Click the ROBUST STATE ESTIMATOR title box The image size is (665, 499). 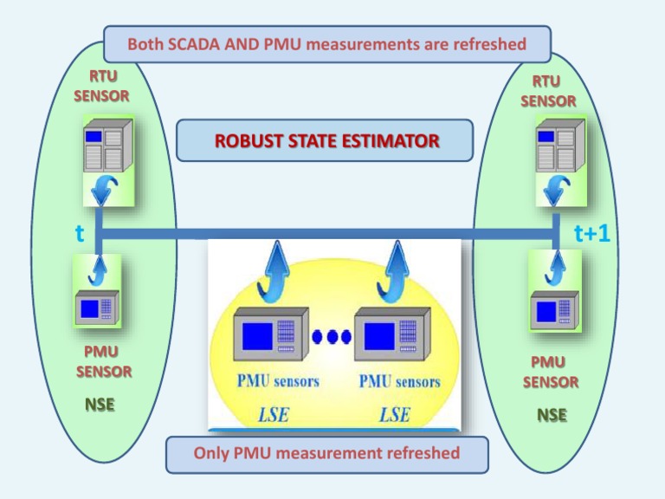pyautogui.click(x=325, y=140)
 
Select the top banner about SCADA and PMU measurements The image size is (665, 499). pyautogui.click(x=326, y=44)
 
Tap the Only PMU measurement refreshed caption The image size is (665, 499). pyautogui.click(x=326, y=453)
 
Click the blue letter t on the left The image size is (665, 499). pyautogui.click(x=79, y=233)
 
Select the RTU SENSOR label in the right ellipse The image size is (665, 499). pyautogui.click(x=547, y=91)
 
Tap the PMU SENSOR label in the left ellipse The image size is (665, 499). pyautogui.click(x=101, y=362)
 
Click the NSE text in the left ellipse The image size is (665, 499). pyautogui.click(x=100, y=405)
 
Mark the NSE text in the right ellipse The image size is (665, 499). pyautogui.click(x=551, y=415)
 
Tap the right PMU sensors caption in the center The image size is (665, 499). pyautogui.click(x=399, y=382)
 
